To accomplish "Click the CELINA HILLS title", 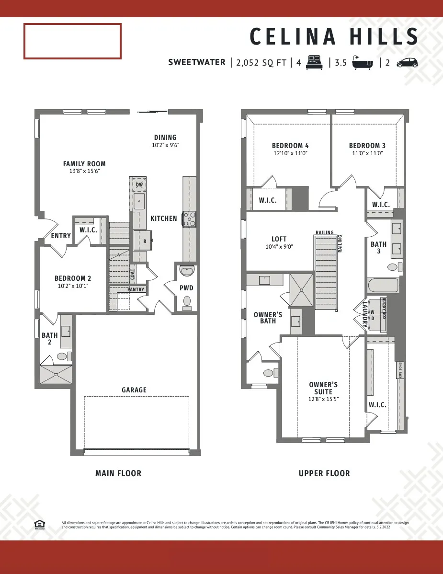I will coord(334,37).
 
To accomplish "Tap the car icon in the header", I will coord(407,63).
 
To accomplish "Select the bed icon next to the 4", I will coord(315,62).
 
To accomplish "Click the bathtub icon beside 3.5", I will coord(363,63).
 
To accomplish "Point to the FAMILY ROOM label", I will coord(84,164).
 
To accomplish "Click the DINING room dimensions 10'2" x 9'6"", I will coord(165,145).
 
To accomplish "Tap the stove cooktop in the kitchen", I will coord(189,218).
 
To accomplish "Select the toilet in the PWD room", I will coord(187,301).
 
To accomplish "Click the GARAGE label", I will coord(134,390).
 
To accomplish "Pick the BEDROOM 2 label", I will coord(73,278).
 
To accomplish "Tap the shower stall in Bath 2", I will coord(57,375).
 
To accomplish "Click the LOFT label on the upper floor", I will coord(279,239).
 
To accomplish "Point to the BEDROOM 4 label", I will coord(290,146).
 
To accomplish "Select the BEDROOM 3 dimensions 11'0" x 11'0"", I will coord(367,153).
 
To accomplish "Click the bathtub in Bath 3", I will coord(383,287).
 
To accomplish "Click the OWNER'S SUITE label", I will coord(323,388).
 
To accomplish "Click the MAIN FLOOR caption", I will coord(118,473).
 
